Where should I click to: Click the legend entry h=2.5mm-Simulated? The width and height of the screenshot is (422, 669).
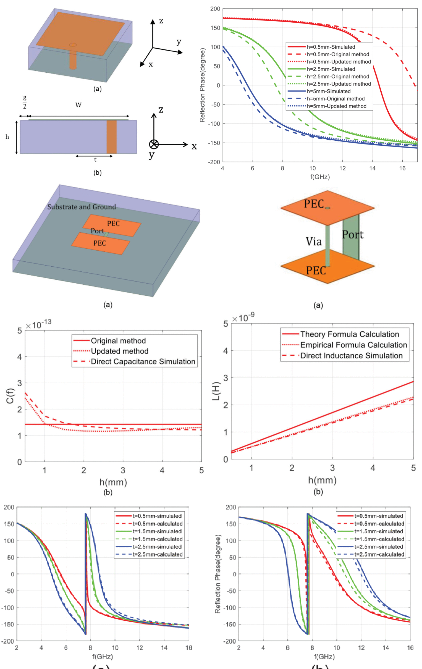(x=331, y=69)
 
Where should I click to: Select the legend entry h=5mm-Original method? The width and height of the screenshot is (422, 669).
(x=335, y=99)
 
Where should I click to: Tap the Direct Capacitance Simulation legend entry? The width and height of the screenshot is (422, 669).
(x=143, y=361)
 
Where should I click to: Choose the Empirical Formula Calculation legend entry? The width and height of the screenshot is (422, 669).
(x=353, y=345)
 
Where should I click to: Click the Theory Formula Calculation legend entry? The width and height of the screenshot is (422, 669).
(x=349, y=334)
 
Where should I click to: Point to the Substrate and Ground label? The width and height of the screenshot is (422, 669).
(x=82, y=207)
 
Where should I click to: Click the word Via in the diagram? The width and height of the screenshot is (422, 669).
(x=314, y=242)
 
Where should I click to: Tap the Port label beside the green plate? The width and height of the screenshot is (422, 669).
(x=352, y=235)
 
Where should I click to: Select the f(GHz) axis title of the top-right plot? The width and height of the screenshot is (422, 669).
(x=320, y=177)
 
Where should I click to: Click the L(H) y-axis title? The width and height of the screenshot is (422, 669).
(x=216, y=392)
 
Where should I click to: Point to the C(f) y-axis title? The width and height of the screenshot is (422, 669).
(x=10, y=396)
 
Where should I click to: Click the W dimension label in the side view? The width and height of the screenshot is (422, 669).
(x=78, y=105)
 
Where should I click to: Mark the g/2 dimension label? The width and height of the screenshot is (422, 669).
(x=25, y=102)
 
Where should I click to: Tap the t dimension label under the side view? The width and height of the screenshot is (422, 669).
(x=95, y=160)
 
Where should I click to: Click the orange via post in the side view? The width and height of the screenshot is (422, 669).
(x=111, y=137)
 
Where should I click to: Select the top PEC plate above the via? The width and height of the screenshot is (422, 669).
(x=327, y=208)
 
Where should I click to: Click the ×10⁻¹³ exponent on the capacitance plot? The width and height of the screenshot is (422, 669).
(x=39, y=324)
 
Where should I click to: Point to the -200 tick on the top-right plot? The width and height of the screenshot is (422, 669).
(x=214, y=162)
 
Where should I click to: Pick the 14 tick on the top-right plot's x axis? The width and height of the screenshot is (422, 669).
(x=372, y=168)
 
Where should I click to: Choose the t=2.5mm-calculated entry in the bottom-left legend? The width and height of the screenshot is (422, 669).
(x=157, y=554)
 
